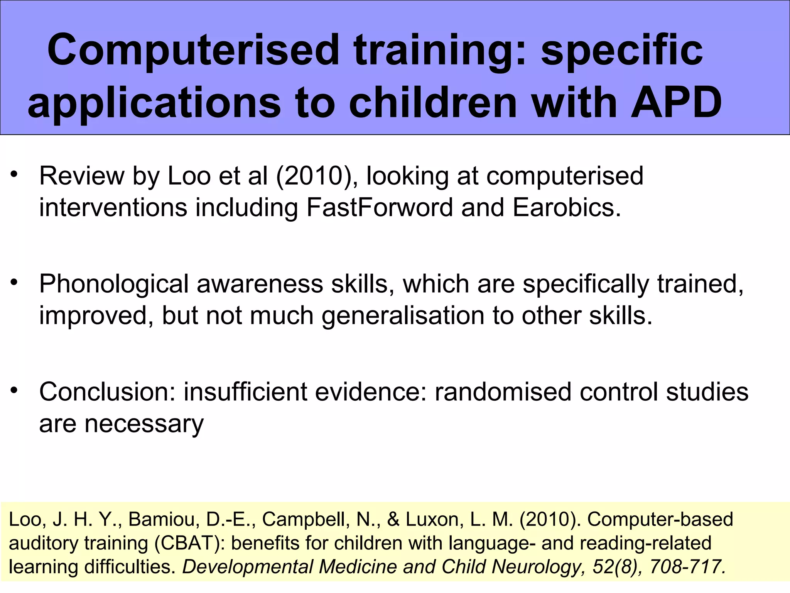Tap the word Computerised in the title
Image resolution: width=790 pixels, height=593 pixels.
click(x=193, y=50)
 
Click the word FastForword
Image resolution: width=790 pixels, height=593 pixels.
click(x=380, y=207)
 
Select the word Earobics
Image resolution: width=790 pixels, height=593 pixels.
click(x=566, y=207)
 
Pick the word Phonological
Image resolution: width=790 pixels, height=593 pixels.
click(x=114, y=284)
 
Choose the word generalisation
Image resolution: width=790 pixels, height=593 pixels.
click(x=403, y=315)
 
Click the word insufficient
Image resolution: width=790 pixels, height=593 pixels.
click(x=245, y=392)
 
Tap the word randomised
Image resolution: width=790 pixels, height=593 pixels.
click(x=503, y=392)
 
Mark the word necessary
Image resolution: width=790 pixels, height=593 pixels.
click(x=144, y=424)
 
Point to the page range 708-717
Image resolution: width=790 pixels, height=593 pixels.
click(x=687, y=567)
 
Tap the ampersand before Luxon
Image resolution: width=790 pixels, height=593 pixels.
click(x=393, y=519)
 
